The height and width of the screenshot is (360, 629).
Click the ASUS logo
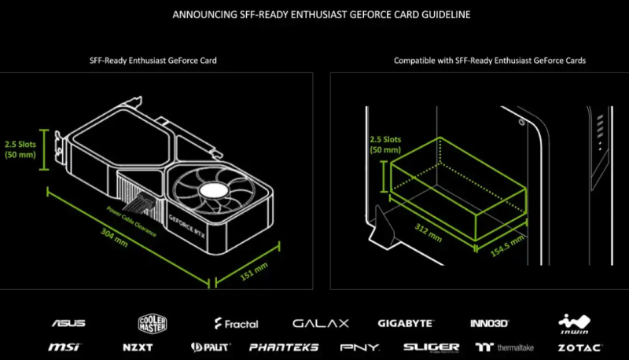[68, 323]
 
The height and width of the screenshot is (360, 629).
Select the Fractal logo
[237, 323]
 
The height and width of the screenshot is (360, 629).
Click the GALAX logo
[321, 323]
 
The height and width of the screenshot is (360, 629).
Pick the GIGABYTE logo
[405, 323]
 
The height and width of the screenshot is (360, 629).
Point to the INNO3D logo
[489, 323]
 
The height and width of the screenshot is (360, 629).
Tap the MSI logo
[64, 347]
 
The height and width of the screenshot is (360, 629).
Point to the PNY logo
[360, 347]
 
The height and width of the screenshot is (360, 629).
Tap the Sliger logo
[431, 347]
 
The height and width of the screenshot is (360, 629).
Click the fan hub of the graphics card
[215, 191]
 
